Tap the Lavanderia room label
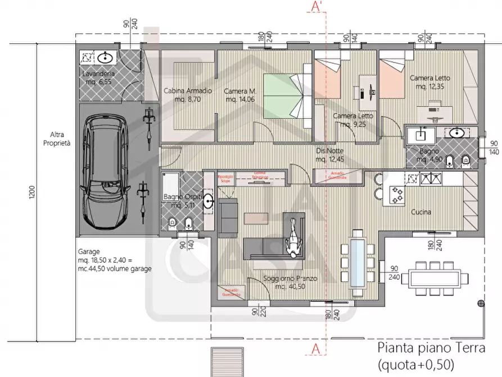98,74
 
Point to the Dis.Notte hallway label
329,151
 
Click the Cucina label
421,212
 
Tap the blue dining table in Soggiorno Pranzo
356,263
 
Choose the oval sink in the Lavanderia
105,57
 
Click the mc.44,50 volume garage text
115,269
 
